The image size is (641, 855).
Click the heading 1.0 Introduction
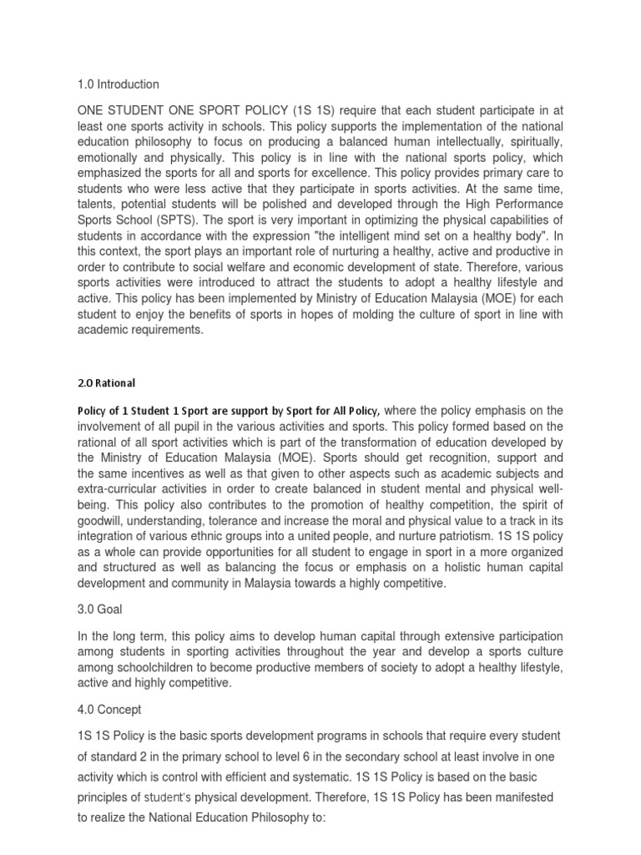pos(118,84)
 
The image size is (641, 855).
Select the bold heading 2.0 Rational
pos(106,383)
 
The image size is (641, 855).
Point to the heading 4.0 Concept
pos(109,710)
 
